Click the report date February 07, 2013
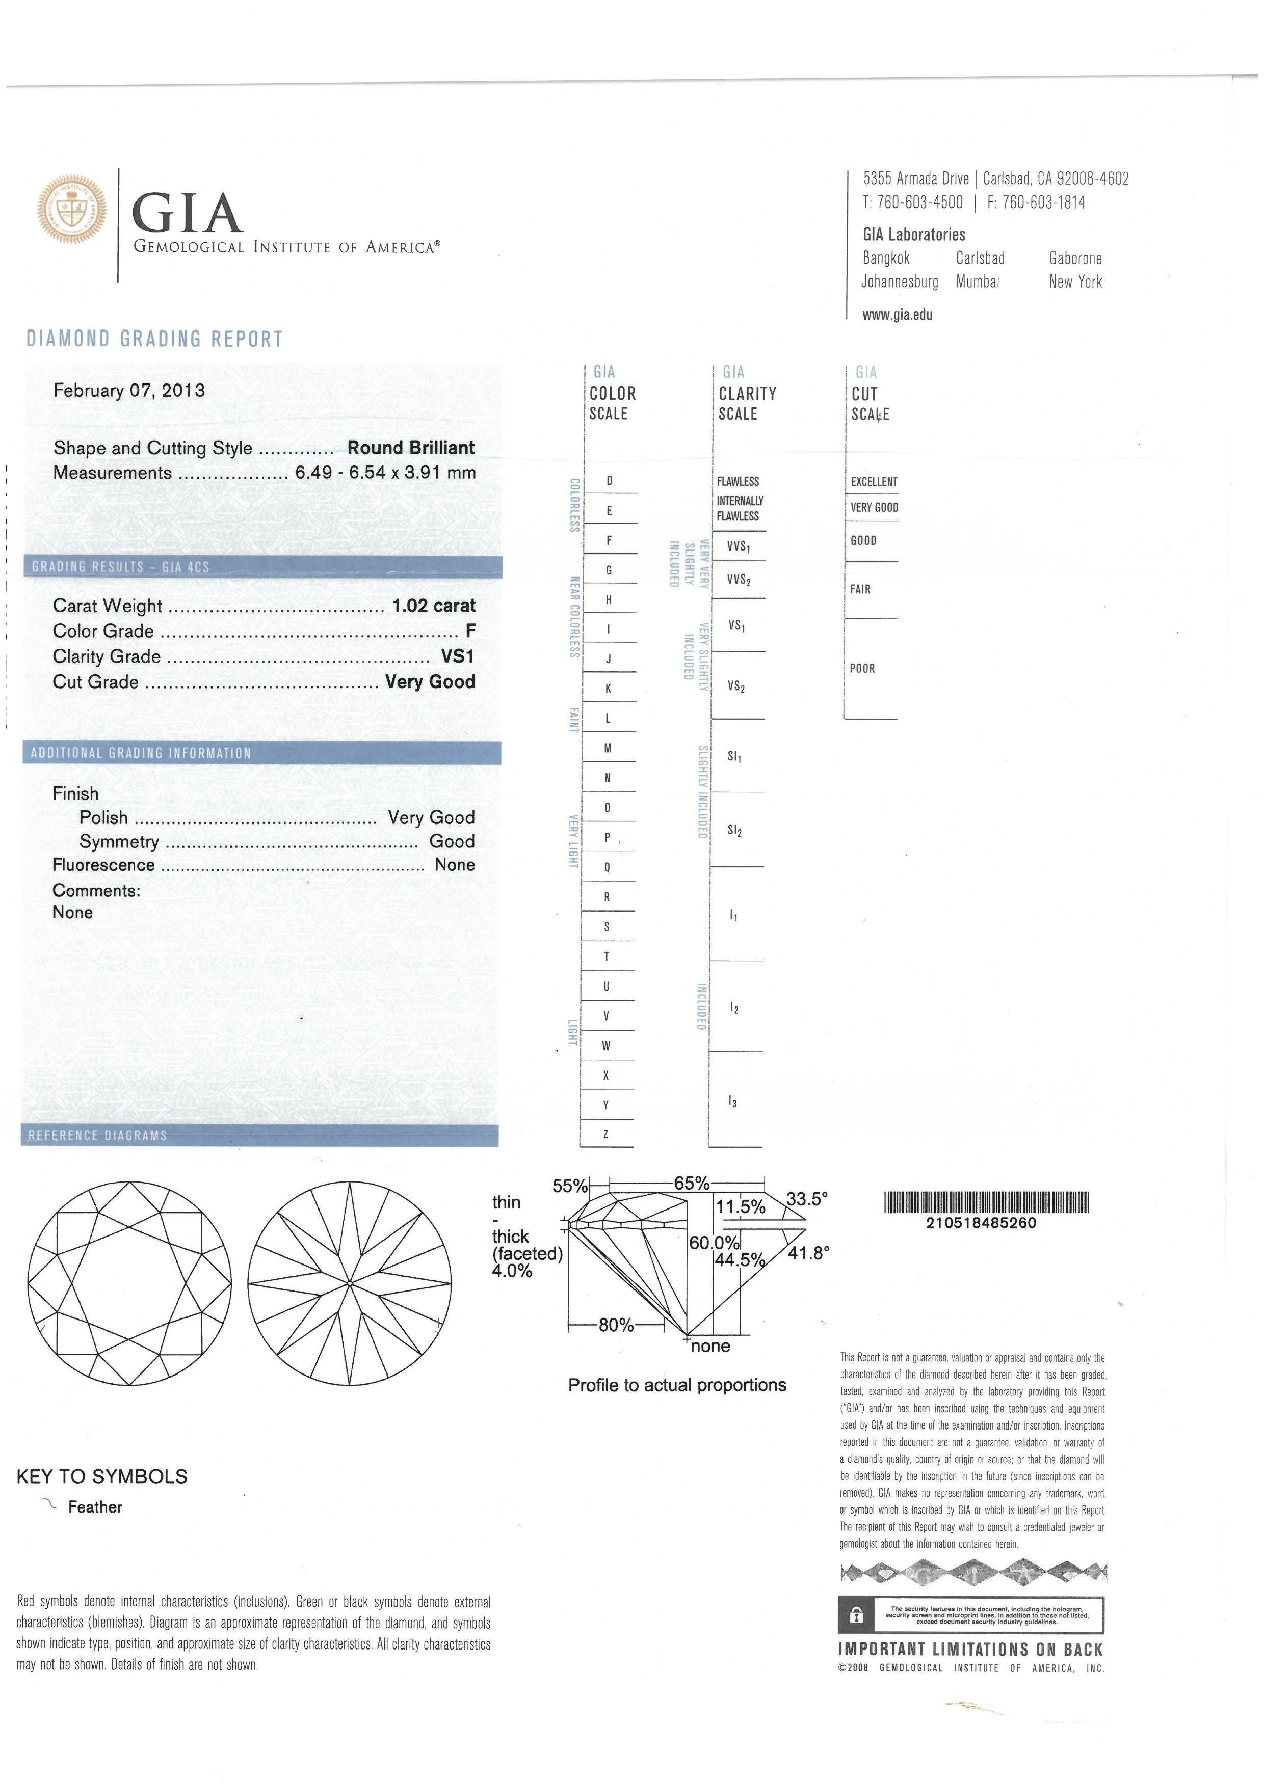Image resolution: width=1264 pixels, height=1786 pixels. point(129,391)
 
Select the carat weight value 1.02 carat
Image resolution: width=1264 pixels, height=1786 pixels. point(434,606)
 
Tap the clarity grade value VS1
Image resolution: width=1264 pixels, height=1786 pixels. point(458,656)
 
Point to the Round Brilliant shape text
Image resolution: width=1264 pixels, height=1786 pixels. point(411,448)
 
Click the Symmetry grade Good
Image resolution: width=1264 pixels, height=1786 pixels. point(452,842)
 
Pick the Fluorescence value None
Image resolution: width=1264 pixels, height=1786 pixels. point(455,865)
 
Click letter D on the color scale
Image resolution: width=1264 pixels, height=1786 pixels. point(610,481)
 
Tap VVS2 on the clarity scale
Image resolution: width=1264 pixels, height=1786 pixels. point(739,580)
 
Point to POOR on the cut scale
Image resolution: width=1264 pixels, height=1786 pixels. point(862,668)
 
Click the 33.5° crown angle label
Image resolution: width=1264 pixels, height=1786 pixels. point(806,1199)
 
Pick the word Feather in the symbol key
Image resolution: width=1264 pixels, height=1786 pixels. point(95,1507)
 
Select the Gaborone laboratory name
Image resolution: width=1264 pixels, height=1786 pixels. point(1075,258)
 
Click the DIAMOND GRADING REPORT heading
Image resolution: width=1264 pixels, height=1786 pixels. point(155,339)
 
